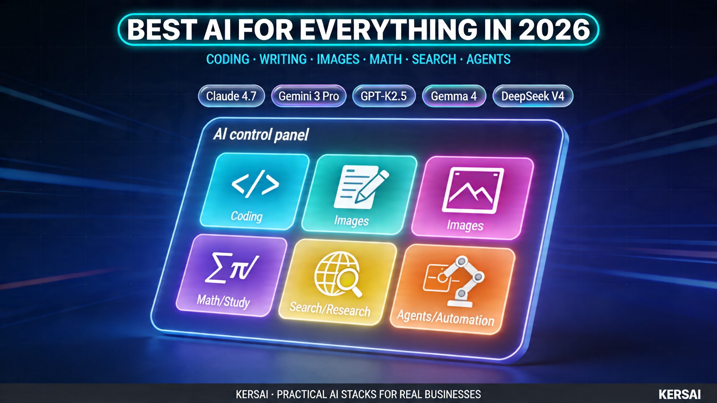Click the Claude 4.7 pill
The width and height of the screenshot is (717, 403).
[231, 96]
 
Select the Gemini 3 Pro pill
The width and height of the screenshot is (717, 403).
[309, 96]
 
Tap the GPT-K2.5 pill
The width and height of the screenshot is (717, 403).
[384, 96]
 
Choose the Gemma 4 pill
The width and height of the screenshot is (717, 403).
[454, 96]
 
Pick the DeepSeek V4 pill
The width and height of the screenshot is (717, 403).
[533, 96]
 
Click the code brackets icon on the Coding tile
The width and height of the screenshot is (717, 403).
[255, 184]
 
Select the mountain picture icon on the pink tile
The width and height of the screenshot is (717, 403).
[473, 191]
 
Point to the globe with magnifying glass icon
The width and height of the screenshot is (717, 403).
[338, 274]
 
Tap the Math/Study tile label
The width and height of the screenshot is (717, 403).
[223, 301]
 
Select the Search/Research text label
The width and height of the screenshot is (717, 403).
[330, 309]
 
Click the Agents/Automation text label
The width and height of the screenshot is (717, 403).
[446, 318]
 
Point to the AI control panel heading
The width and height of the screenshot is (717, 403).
[261, 135]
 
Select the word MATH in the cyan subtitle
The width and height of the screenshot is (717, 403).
[386, 59]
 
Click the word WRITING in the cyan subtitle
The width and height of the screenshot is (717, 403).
[283, 59]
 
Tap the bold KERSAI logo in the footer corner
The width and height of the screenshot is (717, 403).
[680, 394]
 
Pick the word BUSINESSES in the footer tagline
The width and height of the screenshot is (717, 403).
[453, 394]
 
